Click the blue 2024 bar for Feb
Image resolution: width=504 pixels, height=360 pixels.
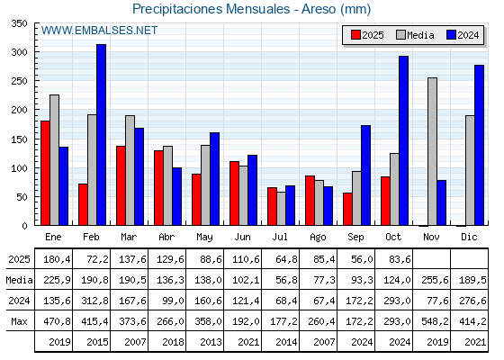(102, 135)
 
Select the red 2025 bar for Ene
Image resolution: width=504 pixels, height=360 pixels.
(45, 173)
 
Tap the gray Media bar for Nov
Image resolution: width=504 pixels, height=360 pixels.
(433, 151)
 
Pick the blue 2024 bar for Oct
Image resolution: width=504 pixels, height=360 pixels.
(404, 140)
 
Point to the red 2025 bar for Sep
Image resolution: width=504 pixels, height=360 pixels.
(347, 209)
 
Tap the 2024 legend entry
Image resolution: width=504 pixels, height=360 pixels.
(462, 35)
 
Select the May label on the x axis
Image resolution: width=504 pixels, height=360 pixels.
(205, 236)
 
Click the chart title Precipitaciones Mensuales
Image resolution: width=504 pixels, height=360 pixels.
(251, 9)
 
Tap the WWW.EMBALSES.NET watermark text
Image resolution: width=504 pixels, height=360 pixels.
(99, 31)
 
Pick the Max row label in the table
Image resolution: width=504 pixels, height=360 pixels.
(18, 320)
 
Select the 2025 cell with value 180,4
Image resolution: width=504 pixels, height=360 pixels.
(54, 258)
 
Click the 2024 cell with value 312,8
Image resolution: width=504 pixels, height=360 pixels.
(92, 300)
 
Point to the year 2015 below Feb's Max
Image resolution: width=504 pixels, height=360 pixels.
(92, 342)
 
